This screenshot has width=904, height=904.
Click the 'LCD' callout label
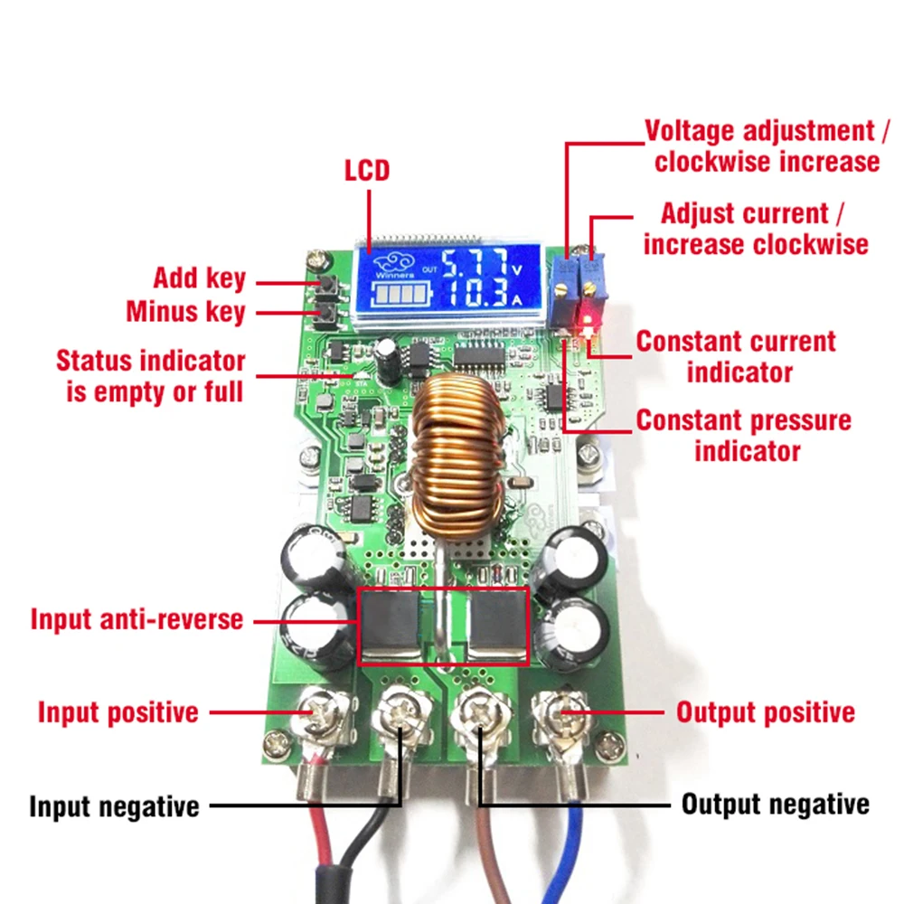[x=367, y=171]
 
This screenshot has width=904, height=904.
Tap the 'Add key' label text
[x=199, y=278]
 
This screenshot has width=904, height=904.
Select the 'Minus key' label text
[x=185, y=313]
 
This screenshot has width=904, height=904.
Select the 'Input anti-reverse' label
[x=137, y=620]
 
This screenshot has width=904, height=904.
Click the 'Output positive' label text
[x=766, y=712]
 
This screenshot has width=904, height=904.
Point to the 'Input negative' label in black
[x=114, y=806]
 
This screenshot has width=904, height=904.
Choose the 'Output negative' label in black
[x=776, y=805]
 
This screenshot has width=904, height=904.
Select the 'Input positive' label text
[x=118, y=712]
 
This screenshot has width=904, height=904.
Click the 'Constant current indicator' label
[x=736, y=357]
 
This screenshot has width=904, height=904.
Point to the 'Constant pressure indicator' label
[x=743, y=436]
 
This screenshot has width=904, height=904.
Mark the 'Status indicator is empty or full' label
[x=150, y=376]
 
